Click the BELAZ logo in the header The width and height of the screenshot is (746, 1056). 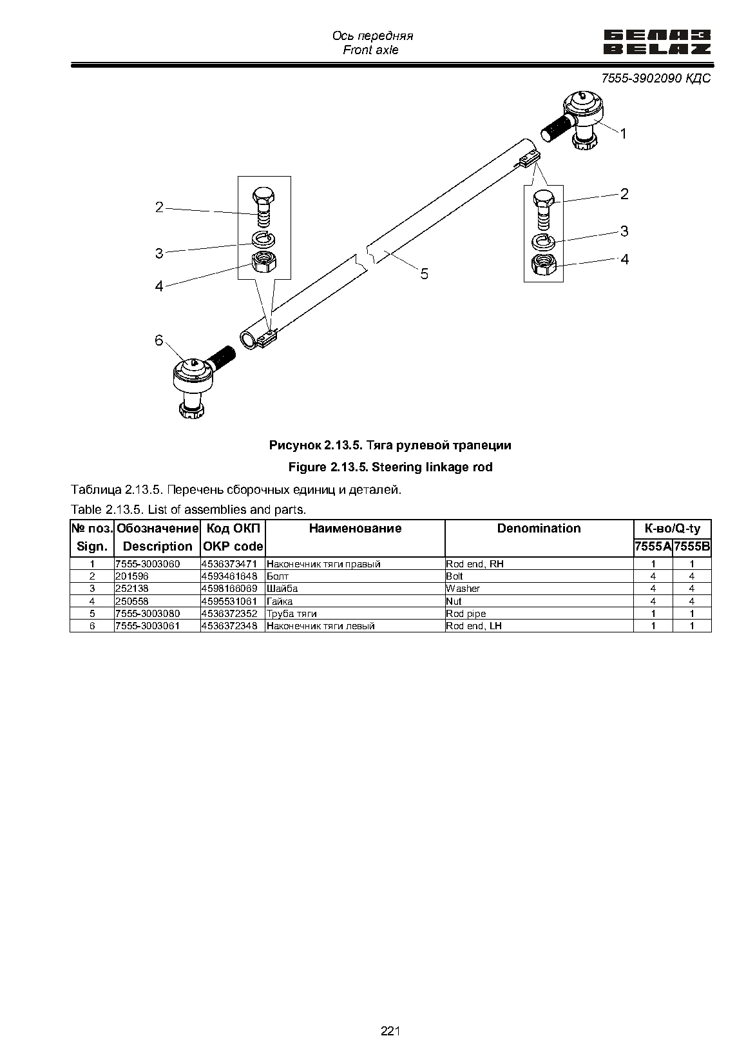point(657,43)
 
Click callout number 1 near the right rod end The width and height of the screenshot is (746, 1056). point(623,134)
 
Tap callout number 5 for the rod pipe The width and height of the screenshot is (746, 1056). point(425,274)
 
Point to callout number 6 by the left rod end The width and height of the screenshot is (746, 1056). point(158,340)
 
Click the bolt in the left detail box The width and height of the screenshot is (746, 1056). point(263,207)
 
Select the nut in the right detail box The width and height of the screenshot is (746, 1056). point(544,264)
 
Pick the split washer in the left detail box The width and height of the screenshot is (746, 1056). point(263,239)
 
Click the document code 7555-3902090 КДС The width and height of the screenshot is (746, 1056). point(656,78)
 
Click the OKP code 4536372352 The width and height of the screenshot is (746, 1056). point(229,613)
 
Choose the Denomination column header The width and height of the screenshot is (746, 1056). point(539,529)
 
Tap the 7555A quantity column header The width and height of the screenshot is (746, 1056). point(653,547)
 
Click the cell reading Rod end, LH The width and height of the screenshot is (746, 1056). point(473,625)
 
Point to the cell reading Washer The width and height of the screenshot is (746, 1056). point(463,589)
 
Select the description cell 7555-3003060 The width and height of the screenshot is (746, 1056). point(148,564)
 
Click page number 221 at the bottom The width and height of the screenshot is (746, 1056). point(390,1031)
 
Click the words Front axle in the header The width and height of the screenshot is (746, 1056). point(370,50)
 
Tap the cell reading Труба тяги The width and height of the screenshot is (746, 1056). point(292,613)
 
